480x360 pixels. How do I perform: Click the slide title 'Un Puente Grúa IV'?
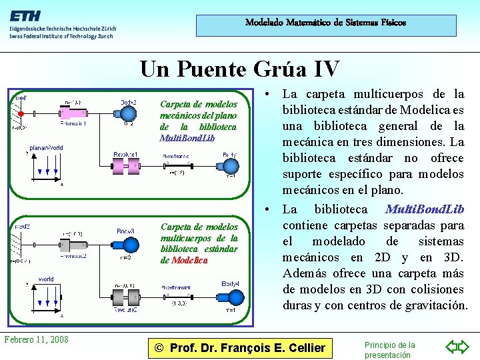(239, 69)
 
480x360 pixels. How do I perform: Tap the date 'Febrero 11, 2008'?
(36, 339)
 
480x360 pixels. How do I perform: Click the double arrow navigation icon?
(457, 347)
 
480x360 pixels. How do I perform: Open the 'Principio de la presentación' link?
(389, 349)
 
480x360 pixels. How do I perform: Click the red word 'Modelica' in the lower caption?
(189, 260)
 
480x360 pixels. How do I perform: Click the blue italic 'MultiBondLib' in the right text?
(424, 209)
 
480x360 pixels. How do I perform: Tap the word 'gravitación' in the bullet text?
(433, 305)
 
